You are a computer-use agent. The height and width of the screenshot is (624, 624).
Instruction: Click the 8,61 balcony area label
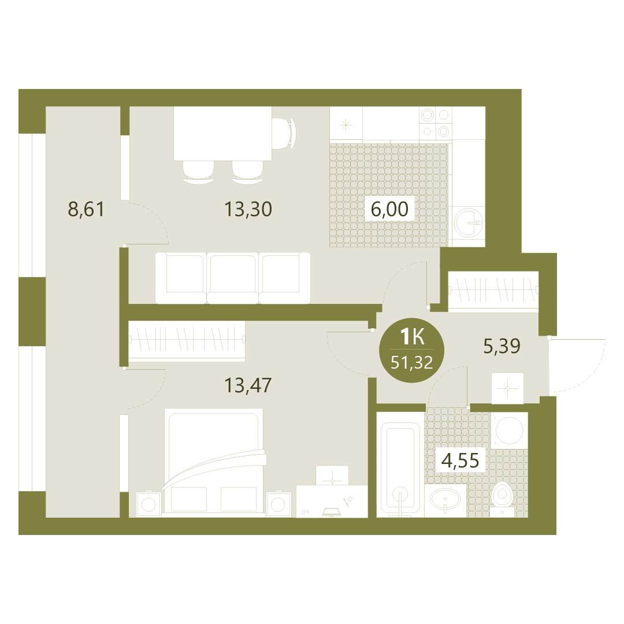pos(86,209)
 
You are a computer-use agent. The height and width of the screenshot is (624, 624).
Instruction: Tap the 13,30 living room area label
pos(248,209)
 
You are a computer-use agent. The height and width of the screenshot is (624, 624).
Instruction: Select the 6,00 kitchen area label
pos(389,209)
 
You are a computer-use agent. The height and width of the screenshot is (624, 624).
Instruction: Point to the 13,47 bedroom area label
pos(248,385)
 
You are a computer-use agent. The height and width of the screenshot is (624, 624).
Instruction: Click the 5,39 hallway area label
pos(502,346)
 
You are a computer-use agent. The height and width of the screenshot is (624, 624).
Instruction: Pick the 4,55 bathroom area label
pos(460,460)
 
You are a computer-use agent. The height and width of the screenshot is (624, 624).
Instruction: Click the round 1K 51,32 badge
pos(412,350)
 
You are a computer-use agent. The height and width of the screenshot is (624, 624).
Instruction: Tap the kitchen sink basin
pos(469,222)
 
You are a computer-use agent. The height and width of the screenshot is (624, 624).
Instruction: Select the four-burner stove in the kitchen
pos(435,123)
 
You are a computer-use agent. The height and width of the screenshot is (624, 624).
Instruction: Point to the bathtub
pos(400,465)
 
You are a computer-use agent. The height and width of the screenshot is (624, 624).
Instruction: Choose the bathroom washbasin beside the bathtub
pos(445,500)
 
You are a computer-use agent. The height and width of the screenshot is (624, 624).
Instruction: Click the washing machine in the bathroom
pos(510,430)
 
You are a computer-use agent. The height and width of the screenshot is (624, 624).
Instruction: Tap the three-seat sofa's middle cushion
pos(233,277)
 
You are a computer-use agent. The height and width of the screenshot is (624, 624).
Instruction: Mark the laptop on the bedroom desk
pos(331,512)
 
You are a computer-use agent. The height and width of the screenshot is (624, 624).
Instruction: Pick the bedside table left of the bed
pos(148,504)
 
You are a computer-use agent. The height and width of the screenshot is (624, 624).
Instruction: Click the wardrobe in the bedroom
pos(187,341)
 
